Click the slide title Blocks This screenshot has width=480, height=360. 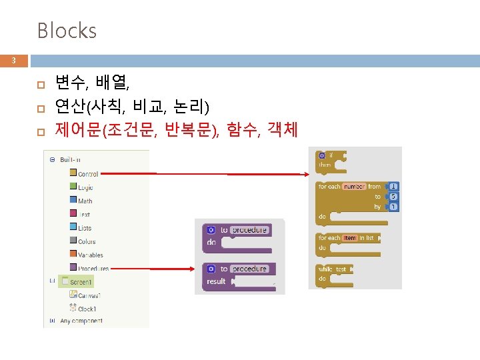pos(67,31)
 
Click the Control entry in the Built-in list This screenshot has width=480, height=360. pos(87,174)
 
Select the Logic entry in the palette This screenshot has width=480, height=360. pos(85,187)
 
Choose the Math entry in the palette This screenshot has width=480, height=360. pos(85,201)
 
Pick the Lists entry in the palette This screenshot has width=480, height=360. pos(85,228)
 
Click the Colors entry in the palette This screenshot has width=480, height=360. pos(86,241)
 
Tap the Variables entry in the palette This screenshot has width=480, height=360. pos(90,255)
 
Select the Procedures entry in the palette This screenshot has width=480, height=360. pos(93,268)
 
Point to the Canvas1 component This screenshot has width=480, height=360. pos(89,295)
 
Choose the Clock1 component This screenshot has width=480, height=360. pos(87,308)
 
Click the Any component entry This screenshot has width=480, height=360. pos(81,321)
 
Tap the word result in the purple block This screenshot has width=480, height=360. pos(216,281)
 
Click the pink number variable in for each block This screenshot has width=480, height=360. pos(354,187)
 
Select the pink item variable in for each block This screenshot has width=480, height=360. pos(350,238)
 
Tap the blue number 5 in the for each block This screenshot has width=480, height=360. pos(394,197)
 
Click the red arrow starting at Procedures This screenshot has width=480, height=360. pos(153,269)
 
